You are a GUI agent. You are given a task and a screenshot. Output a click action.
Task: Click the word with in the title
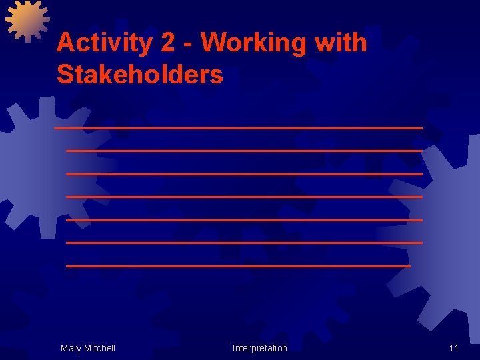pos(342,43)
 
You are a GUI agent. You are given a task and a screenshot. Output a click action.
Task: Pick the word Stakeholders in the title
pos(140,75)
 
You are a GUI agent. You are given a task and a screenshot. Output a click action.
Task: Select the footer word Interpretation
pos(260,348)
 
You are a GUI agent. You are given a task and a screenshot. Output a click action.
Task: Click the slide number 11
pos(454,348)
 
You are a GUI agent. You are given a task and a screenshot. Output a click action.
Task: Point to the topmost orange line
pos(239,127)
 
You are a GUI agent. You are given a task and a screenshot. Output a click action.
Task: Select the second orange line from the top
pos(244,151)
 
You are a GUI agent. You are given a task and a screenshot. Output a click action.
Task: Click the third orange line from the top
pos(244,174)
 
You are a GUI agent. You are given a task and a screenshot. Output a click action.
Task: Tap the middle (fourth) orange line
pos(244,197)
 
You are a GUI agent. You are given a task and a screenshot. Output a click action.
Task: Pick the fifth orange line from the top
pos(244,219)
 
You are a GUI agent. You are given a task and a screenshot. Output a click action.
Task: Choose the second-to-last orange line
pos(244,243)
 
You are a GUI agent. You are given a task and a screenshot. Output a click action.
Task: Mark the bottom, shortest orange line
pos(238,266)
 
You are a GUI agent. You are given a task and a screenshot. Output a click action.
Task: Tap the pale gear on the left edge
pos(27,167)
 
